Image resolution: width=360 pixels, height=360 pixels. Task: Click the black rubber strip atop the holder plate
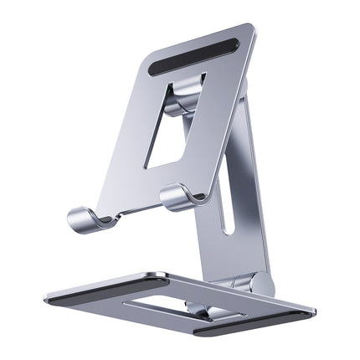(x=195, y=53)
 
